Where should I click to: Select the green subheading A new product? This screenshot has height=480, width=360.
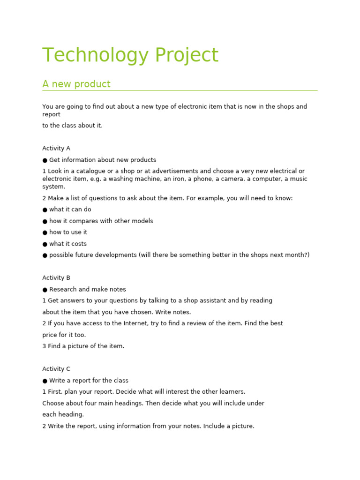[76, 84]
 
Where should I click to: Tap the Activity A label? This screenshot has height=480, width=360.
[56, 148]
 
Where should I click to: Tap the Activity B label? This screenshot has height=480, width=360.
[56, 277]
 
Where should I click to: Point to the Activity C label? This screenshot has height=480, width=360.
[56, 369]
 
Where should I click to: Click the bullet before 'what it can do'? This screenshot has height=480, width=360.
[45, 210]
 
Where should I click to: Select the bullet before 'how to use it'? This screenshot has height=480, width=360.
[45, 232]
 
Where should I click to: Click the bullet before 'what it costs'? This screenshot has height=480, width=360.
[45, 244]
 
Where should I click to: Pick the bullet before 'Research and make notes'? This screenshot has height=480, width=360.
[45, 290]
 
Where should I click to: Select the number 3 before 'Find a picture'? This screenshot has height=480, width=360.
[44, 346]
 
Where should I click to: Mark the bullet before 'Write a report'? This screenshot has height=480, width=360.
[45, 381]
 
